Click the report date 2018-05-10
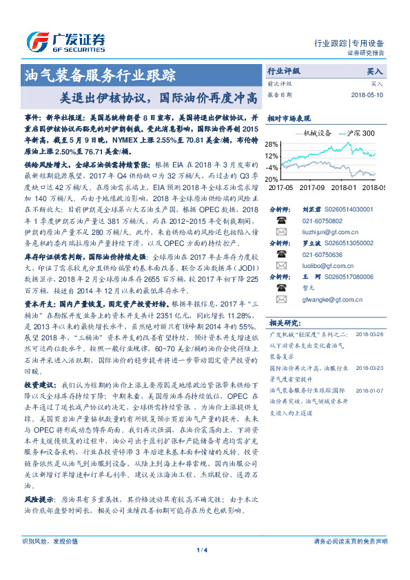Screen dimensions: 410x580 pos(368,95)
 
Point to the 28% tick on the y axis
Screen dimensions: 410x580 pos(272,144)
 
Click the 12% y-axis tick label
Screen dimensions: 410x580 pos(272,156)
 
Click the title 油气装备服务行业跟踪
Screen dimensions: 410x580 pos(100,73)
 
